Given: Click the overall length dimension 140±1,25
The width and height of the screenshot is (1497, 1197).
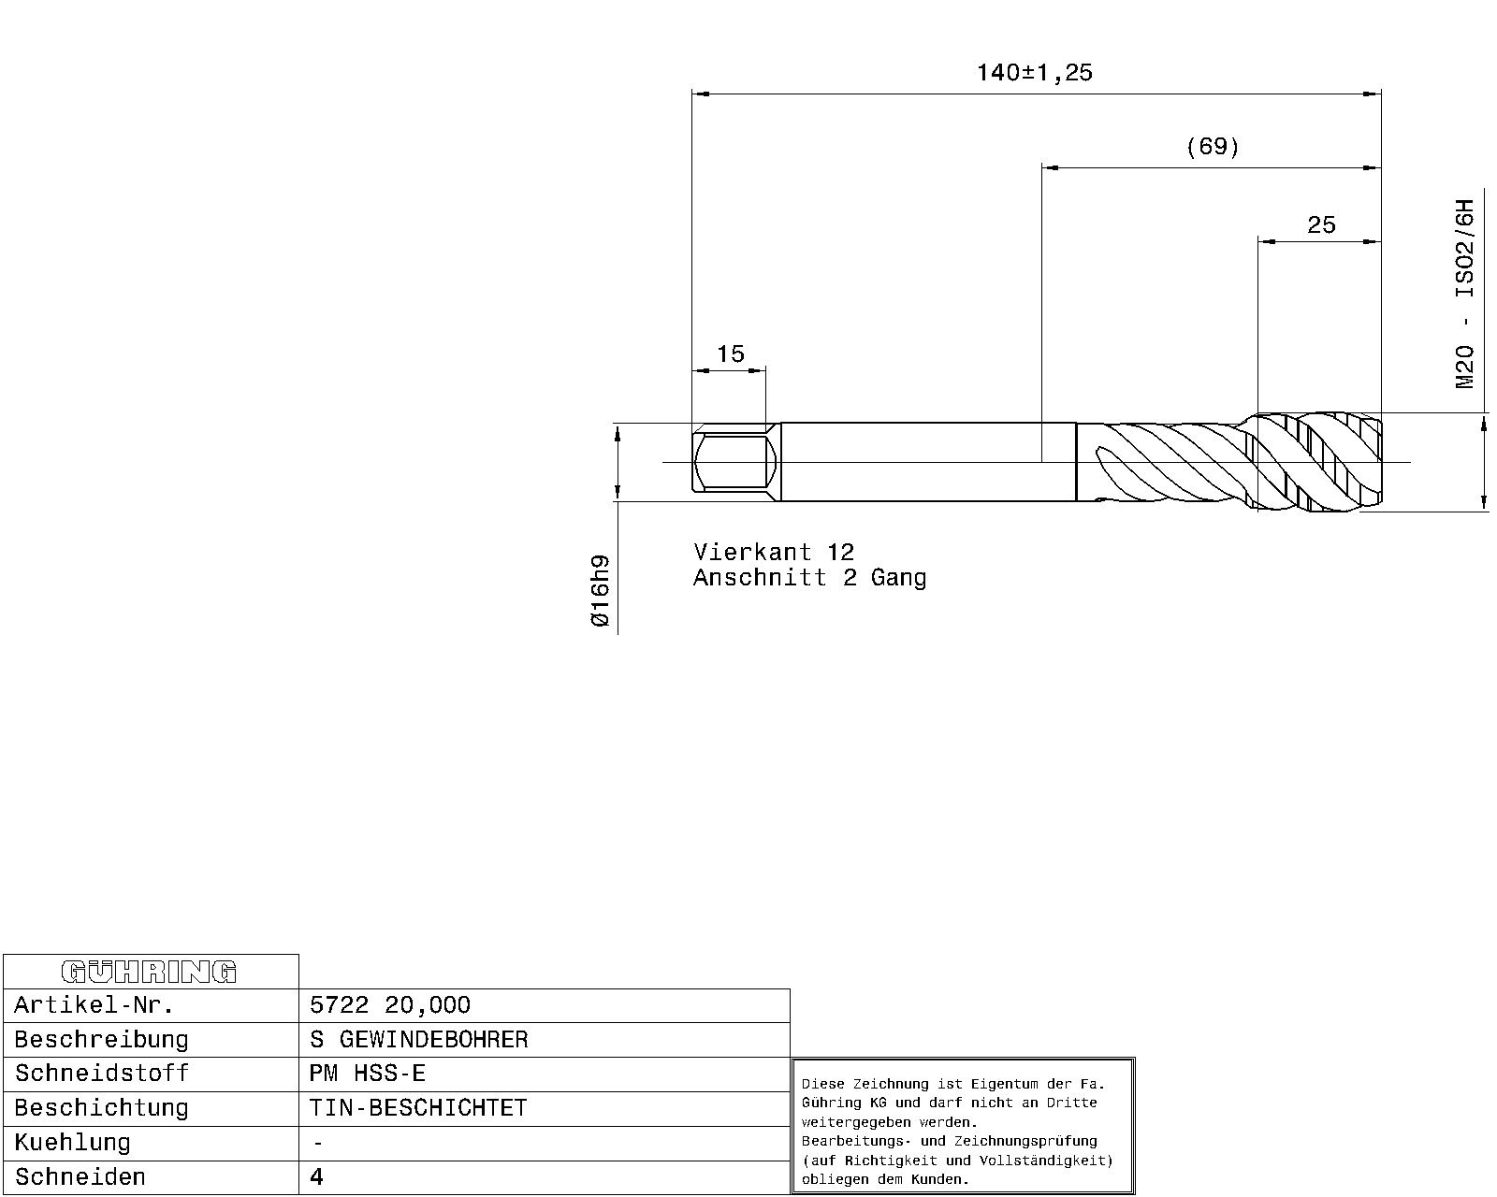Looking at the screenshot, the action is (1035, 72).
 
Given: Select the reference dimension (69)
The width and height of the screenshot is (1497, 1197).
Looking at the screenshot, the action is (1212, 147).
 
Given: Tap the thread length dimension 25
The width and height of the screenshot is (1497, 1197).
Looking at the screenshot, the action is (1321, 224).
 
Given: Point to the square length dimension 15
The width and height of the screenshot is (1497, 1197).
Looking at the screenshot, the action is (731, 354).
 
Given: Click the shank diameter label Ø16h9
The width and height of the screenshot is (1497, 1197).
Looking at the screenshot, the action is (600, 590).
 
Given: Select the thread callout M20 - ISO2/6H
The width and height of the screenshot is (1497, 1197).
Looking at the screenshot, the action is (1464, 294).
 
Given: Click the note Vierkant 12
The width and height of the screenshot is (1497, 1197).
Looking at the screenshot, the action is (774, 552).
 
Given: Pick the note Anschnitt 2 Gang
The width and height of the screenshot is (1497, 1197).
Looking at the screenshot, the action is (809, 577).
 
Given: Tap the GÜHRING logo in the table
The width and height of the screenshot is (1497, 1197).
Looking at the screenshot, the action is (150, 972).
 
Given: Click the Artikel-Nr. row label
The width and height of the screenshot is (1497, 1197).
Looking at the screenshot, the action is (94, 1005).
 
